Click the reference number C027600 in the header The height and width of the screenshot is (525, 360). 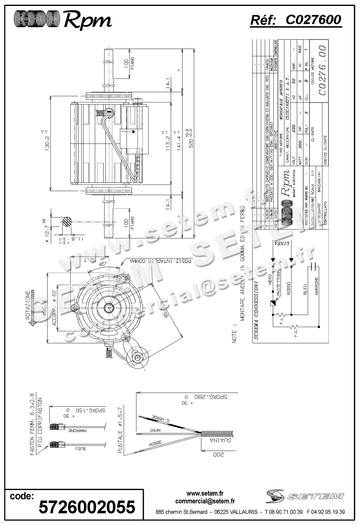click(313, 20)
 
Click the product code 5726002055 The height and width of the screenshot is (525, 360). click(87, 507)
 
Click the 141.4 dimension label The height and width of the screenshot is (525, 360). click(178, 141)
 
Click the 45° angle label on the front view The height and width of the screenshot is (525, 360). click(102, 264)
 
